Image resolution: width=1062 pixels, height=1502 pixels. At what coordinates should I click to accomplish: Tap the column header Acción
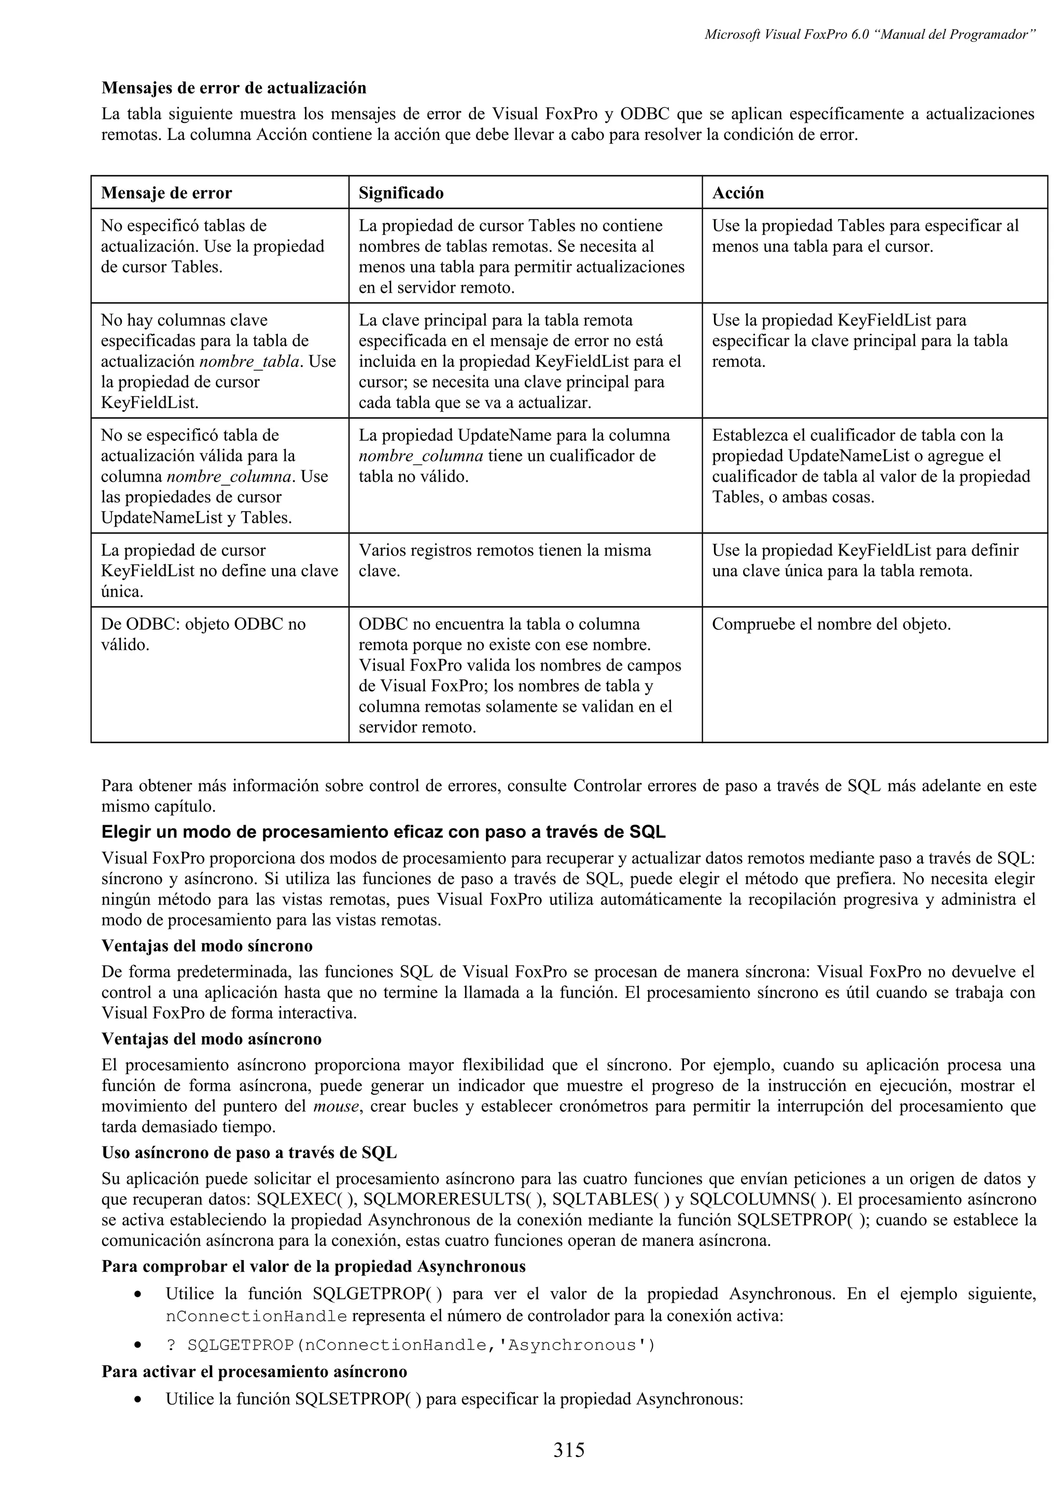[x=737, y=193]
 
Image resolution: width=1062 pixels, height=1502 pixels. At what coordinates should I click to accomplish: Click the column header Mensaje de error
[x=166, y=193]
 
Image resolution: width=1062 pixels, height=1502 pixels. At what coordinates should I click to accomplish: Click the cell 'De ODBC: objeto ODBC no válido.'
[x=203, y=634]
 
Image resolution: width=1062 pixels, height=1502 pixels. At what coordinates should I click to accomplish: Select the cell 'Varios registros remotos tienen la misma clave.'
[x=505, y=561]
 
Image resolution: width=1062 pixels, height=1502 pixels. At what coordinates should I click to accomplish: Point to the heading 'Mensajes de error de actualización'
[x=233, y=88]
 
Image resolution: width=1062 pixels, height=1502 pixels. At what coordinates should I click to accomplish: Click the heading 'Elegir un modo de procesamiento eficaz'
[x=383, y=832]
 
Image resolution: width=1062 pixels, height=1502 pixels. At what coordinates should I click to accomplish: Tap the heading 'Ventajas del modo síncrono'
[x=207, y=946]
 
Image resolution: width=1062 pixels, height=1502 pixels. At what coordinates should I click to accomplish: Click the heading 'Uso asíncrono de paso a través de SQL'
[x=249, y=1153]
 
